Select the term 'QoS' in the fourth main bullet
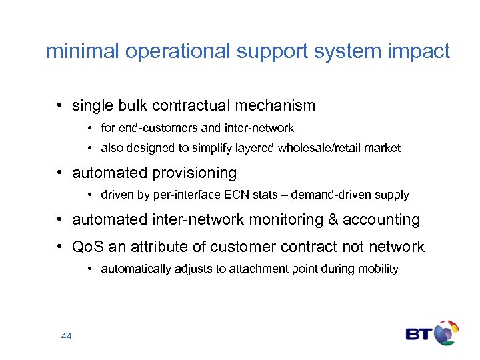coord(85,247)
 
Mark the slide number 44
coord(66,337)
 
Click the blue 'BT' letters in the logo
coord(419,334)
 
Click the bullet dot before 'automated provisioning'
coord(60,173)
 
